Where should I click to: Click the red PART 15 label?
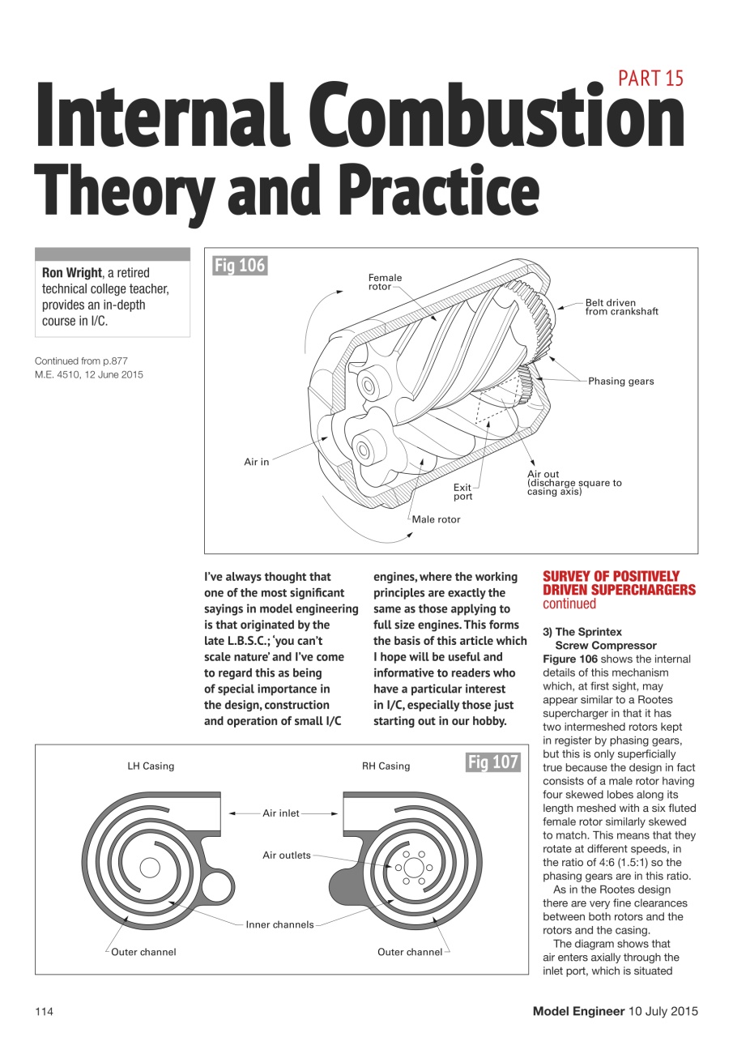coord(650,78)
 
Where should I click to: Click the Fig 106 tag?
coord(239,265)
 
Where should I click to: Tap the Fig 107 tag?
coord(492,762)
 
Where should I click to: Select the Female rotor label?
coord(385,282)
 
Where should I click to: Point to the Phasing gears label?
coord(621,381)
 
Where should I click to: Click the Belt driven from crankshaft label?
coord(621,307)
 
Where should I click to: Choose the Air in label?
coord(257,462)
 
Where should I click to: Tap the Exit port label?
coord(462,492)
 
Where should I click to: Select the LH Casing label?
coord(151,766)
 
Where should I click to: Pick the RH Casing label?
coord(386,766)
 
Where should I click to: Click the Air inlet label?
coord(281,813)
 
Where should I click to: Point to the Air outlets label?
coord(287,855)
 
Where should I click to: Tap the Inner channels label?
coord(279,924)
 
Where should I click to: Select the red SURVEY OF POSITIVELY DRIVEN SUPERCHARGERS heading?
coord(619,583)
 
